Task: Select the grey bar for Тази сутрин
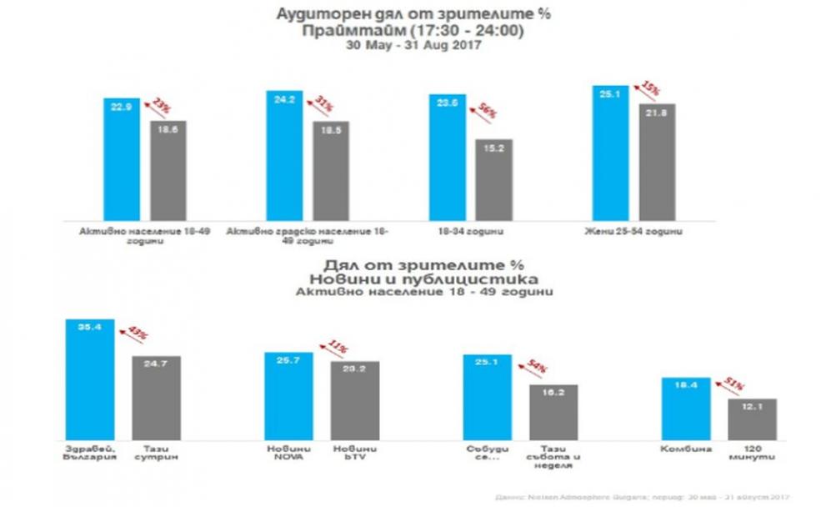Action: pos(156,396)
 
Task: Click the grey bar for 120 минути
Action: pos(752,417)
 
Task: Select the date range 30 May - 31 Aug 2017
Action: pos(413,47)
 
